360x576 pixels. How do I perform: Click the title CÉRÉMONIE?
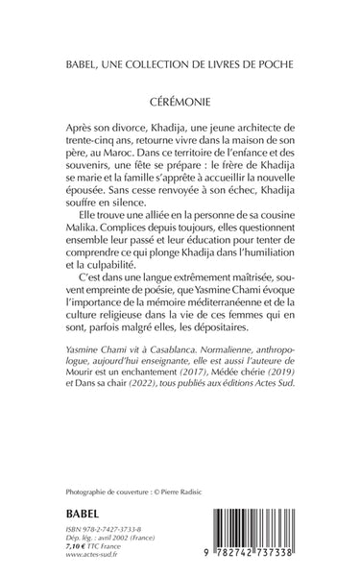pos(180,101)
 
